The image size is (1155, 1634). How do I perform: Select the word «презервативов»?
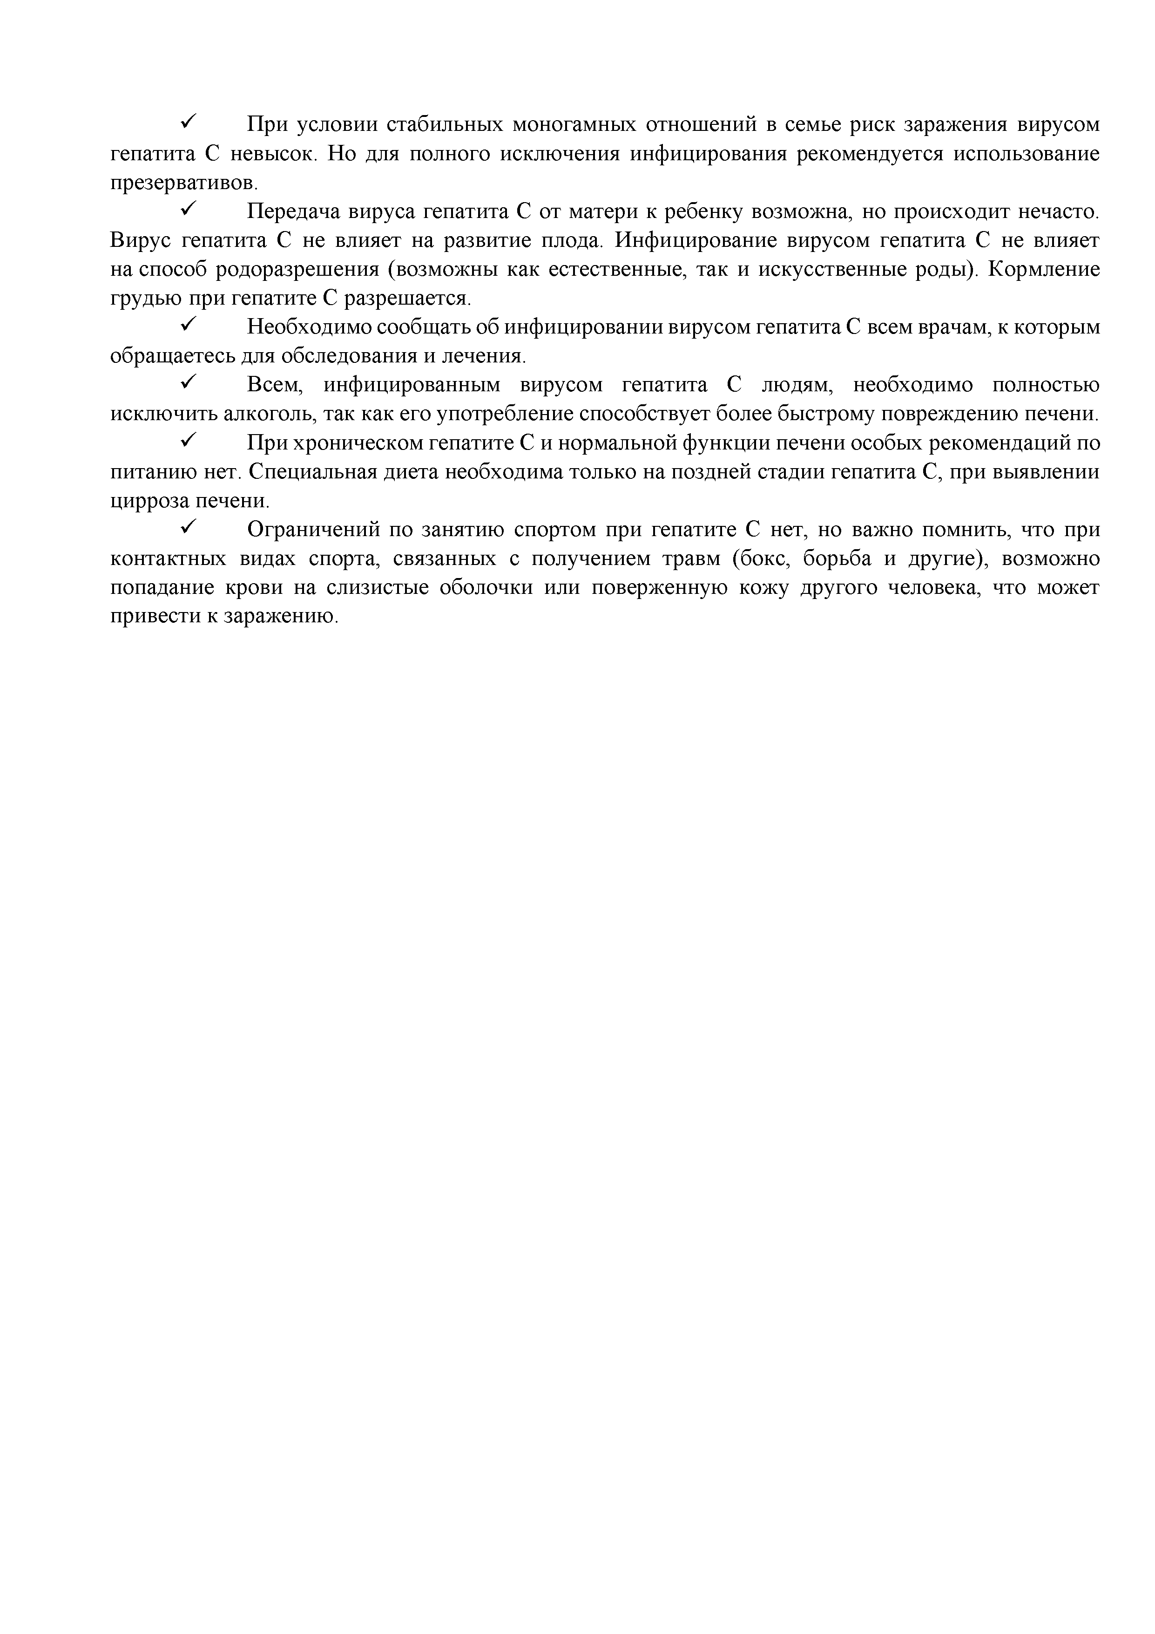tap(182, 184)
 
